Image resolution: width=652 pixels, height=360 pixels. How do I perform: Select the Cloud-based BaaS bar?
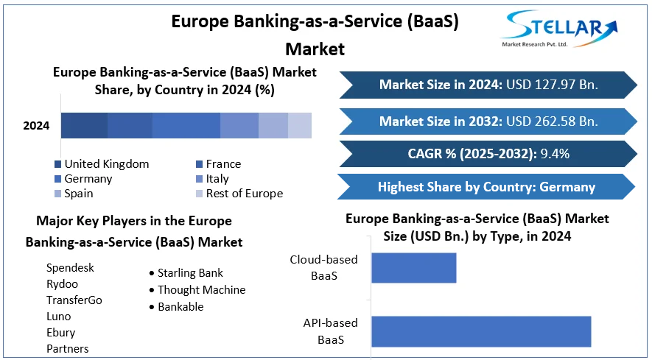pos(414,268)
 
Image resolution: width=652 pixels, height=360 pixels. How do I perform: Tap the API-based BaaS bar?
pos(481,331)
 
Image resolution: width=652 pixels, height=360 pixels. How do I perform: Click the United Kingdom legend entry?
pos(102,163)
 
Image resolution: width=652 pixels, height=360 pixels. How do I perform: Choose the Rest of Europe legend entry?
pos(239,194)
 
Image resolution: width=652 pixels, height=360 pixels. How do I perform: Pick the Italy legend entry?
pos(212,179)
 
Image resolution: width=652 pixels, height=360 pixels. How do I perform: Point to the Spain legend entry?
pos(74,194)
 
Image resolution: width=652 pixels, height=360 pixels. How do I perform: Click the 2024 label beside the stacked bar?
pos(36,126)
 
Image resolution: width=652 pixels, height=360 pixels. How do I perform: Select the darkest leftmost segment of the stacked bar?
pos(85,125)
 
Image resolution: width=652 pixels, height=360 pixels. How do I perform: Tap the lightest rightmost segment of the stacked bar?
pos(300,125)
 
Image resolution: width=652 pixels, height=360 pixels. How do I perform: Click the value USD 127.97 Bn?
pos(553,85)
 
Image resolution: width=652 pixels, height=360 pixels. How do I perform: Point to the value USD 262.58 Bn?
pos(553,121)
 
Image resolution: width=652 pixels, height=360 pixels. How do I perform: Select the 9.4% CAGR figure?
pos(555,154)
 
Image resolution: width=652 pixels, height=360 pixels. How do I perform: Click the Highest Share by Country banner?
pos(486,187)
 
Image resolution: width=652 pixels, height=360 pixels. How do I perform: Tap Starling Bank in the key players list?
pos(190,272)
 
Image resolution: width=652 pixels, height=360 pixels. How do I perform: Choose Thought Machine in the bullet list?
pos(202,290)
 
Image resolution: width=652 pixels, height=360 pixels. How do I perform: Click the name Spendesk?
pos(70,268)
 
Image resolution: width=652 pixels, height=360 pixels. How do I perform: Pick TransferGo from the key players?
pos(74,300)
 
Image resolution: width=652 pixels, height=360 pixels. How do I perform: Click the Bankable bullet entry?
pos(180,307)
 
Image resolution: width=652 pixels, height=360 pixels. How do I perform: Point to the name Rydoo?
pos(62,284)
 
